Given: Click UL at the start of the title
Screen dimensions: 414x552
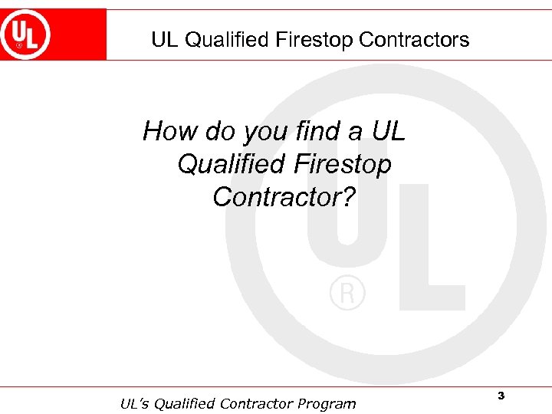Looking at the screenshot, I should [164, 40].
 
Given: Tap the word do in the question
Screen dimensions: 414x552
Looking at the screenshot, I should [220, 132].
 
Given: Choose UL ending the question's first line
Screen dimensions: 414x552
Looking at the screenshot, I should [388, 132].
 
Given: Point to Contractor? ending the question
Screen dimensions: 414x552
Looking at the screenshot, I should [284, 197].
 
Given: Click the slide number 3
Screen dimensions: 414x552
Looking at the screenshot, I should [501, 396].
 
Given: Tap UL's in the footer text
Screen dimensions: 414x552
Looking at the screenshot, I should [136, 403].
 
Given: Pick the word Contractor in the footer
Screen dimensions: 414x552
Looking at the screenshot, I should [258, 403].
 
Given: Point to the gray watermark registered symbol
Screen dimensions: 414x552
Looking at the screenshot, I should [347, 294].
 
